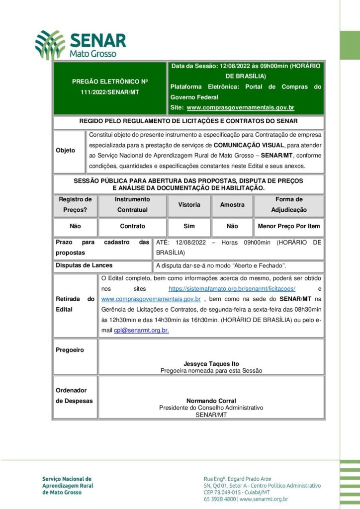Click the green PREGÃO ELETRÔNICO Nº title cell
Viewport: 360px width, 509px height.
point(109,86)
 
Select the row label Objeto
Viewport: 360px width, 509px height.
point(66,150)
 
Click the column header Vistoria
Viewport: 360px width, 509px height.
point(189,204)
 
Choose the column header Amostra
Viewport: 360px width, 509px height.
point(232,204)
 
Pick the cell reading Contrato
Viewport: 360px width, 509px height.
point(133,226)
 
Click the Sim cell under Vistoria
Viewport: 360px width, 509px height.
point(189,226)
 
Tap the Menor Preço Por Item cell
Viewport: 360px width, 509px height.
point(289,226)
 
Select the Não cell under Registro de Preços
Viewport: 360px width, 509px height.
point(75,226)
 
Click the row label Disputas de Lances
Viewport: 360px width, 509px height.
point(84,265)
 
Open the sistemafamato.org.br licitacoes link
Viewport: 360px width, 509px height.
point(232,288)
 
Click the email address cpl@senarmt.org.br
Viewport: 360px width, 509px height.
point(141,330)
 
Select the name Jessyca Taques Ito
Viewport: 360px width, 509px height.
point(211,364)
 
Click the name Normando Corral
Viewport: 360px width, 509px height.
point(211,401)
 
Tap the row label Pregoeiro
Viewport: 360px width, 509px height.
point(70,350)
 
